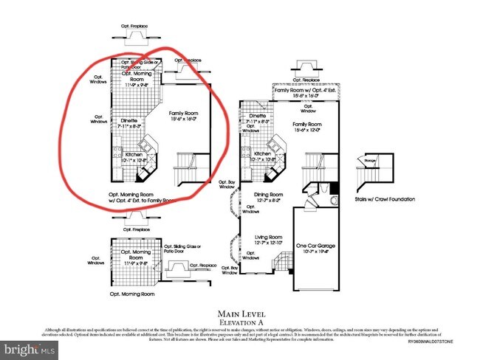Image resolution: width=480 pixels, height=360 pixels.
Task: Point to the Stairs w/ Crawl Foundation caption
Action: click(x=384, y=199)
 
